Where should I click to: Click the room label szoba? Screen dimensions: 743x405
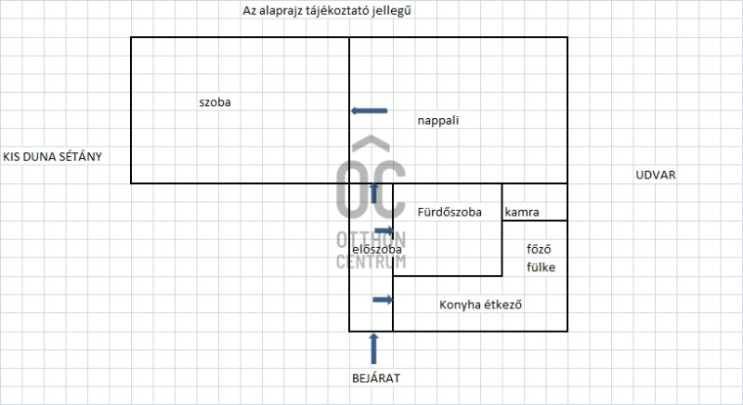click(215, 102)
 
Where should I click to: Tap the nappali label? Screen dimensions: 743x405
click(437, 121)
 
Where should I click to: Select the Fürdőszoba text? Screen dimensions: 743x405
click(450, 212)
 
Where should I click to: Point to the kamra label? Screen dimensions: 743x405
click(522, 212)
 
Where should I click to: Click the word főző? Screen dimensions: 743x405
click(539, 249)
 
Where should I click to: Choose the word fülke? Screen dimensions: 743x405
click(541, 268)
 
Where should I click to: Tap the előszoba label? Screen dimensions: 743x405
click(377, 249)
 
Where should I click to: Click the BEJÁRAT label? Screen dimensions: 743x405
click(376, 378)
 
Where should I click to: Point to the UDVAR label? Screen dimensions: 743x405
click(656, 176)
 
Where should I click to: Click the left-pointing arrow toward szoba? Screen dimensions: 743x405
click(369, 111)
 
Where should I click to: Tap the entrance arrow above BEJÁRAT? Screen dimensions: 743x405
click(374, 348)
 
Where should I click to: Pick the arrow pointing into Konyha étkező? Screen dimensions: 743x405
click(383, 299)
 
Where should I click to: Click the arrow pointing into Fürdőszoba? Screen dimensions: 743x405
click(384, 231)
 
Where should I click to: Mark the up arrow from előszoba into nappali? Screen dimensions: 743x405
click(374, 193)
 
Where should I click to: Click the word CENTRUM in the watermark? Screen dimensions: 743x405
click(371, 261)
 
